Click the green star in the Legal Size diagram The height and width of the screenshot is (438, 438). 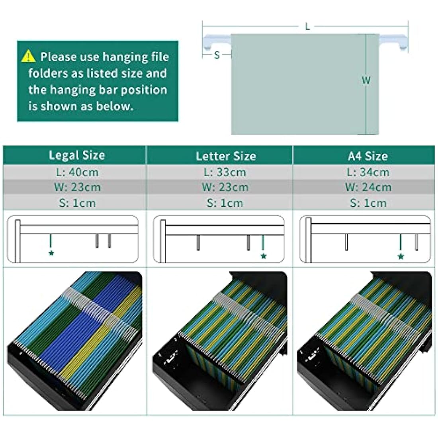point(51,253)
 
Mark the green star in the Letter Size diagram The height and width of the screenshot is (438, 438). point(264,256)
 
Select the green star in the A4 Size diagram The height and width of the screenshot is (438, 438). point(401,256)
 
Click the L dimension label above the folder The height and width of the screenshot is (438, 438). point(307,27)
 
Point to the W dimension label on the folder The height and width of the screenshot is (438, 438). point(366,80)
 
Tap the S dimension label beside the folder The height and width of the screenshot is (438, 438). point(217,55)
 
